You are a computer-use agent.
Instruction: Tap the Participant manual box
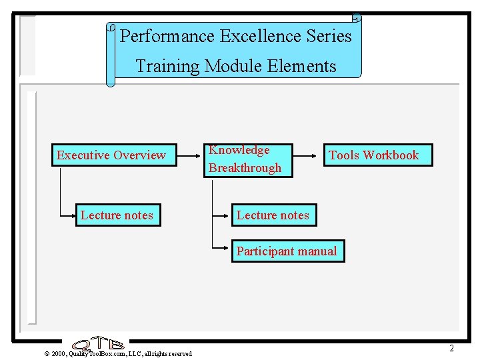[x=287, y=251]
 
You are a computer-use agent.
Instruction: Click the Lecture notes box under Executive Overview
[x=118, y=215]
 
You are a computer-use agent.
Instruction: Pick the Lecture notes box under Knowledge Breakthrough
[x=273, y=215]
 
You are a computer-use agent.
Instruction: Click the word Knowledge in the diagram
[x=239, y=151]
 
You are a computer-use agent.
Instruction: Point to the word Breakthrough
[x=245, y=168]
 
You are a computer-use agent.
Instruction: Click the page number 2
[x=451, y=348]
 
